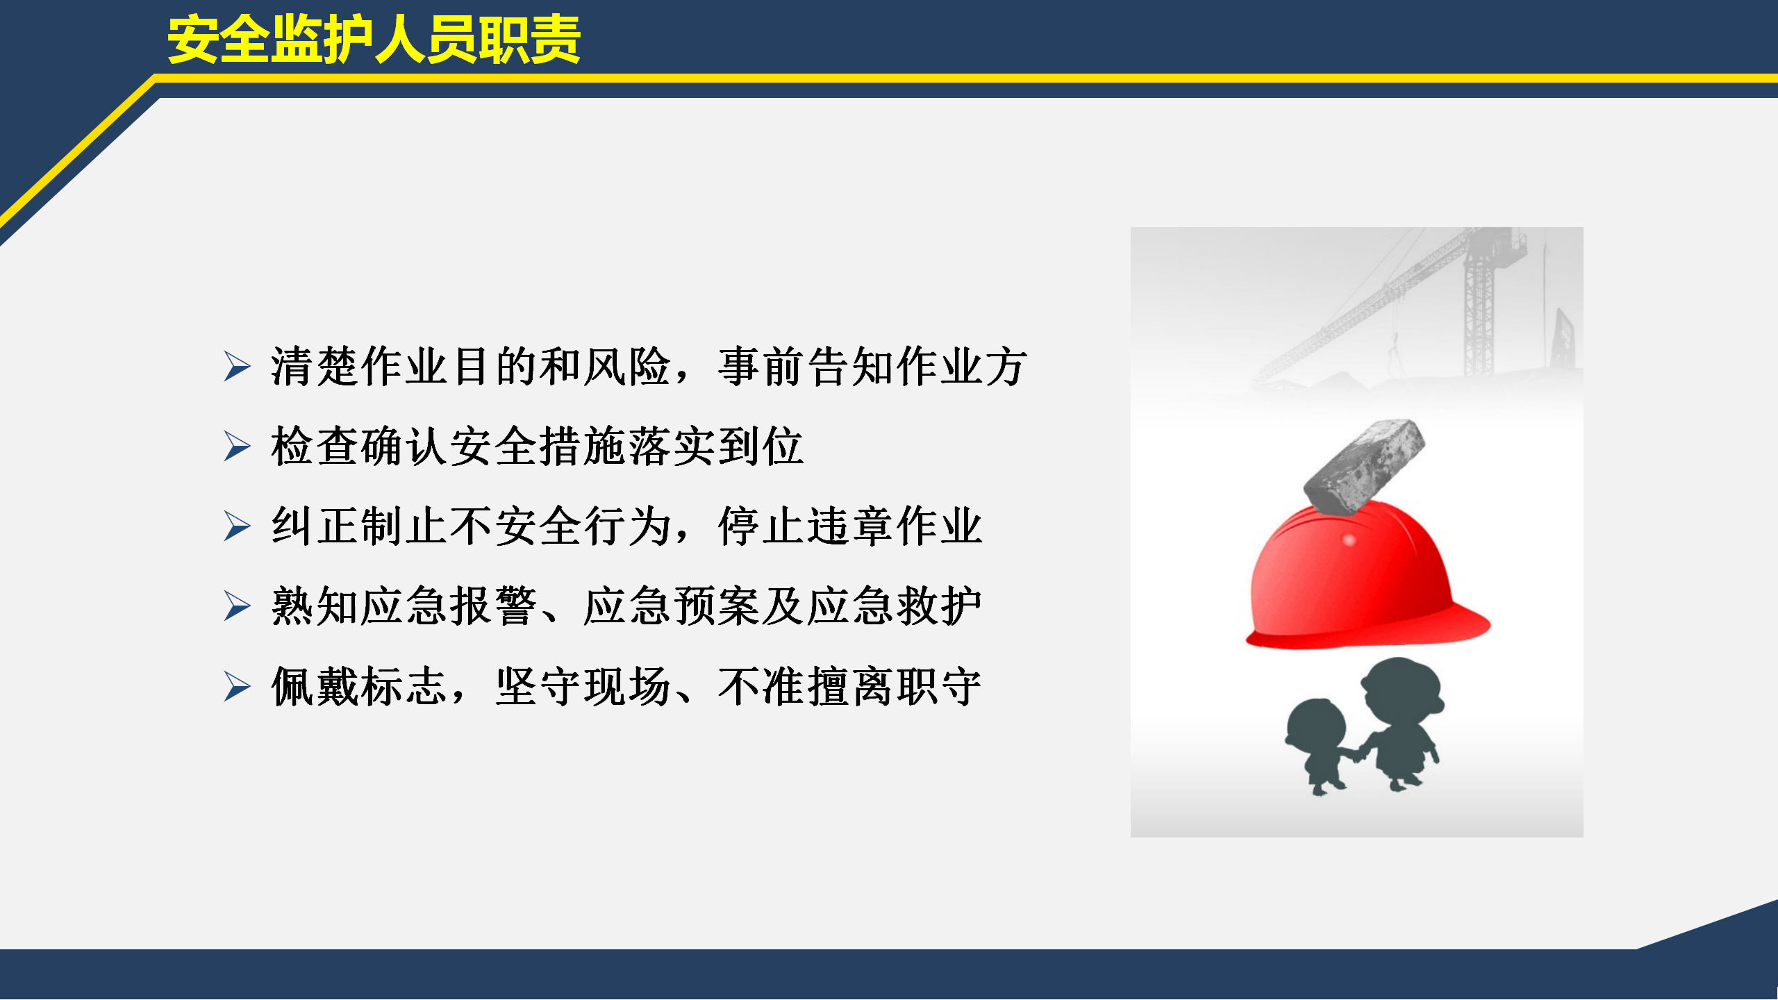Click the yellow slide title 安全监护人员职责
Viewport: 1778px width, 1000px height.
pos(374,40)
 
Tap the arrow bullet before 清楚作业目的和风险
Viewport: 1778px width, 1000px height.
pos(237,367)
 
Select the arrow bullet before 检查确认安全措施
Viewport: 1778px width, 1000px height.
pos(237,447)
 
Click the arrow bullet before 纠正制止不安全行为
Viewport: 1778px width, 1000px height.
pos(237,526)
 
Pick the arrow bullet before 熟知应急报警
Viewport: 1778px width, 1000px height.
pos(237,606)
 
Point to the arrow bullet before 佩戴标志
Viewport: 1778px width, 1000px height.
pos(237,687)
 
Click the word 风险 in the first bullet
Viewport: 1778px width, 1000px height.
pos(628,367)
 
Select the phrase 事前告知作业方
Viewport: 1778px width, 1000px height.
pos(872,367)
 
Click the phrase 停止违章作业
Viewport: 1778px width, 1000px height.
pos(851,526)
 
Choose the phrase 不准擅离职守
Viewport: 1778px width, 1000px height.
pos(850,687)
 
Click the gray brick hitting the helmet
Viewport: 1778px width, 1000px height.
pos(1364,467)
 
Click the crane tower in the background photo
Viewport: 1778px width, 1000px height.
pos(1479,306)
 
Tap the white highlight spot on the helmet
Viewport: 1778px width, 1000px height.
pos(1349,540)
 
